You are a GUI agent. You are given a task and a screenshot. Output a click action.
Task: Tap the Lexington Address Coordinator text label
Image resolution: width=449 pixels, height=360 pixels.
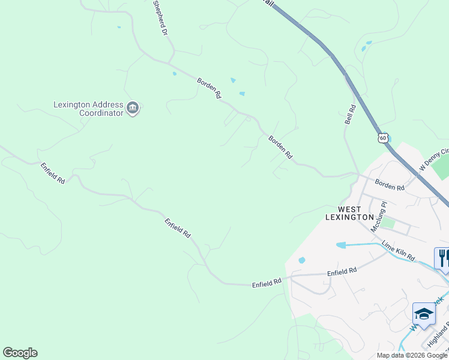click(88, 109)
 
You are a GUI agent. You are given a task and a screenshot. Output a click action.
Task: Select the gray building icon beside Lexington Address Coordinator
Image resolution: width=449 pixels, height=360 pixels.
click(133, 109)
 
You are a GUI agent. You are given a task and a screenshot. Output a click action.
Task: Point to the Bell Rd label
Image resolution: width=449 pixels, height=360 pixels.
click(351, 114)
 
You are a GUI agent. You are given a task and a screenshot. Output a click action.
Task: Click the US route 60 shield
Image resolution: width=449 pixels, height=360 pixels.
click(383, 138)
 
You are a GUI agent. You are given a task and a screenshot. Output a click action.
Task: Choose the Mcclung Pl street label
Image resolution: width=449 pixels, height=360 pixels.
click(379, 217)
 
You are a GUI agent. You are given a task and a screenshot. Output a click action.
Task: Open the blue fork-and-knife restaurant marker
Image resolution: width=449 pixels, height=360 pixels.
click(442, 259)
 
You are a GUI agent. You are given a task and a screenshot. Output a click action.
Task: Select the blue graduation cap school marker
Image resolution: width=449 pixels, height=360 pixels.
click(424, 314)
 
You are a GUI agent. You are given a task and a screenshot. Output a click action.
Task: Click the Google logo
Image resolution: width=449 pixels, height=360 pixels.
click(20, 353)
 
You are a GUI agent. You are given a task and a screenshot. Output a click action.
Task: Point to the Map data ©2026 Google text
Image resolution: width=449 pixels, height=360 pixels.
click(412, 355)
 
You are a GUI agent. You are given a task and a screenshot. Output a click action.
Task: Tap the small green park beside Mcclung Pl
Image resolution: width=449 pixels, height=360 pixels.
click(388, 223)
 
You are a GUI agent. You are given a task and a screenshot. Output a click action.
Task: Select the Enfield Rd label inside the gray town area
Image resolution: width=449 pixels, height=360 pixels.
click(342, 272)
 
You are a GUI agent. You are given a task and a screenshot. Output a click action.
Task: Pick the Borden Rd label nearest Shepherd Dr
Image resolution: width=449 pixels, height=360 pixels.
click(209, 88)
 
